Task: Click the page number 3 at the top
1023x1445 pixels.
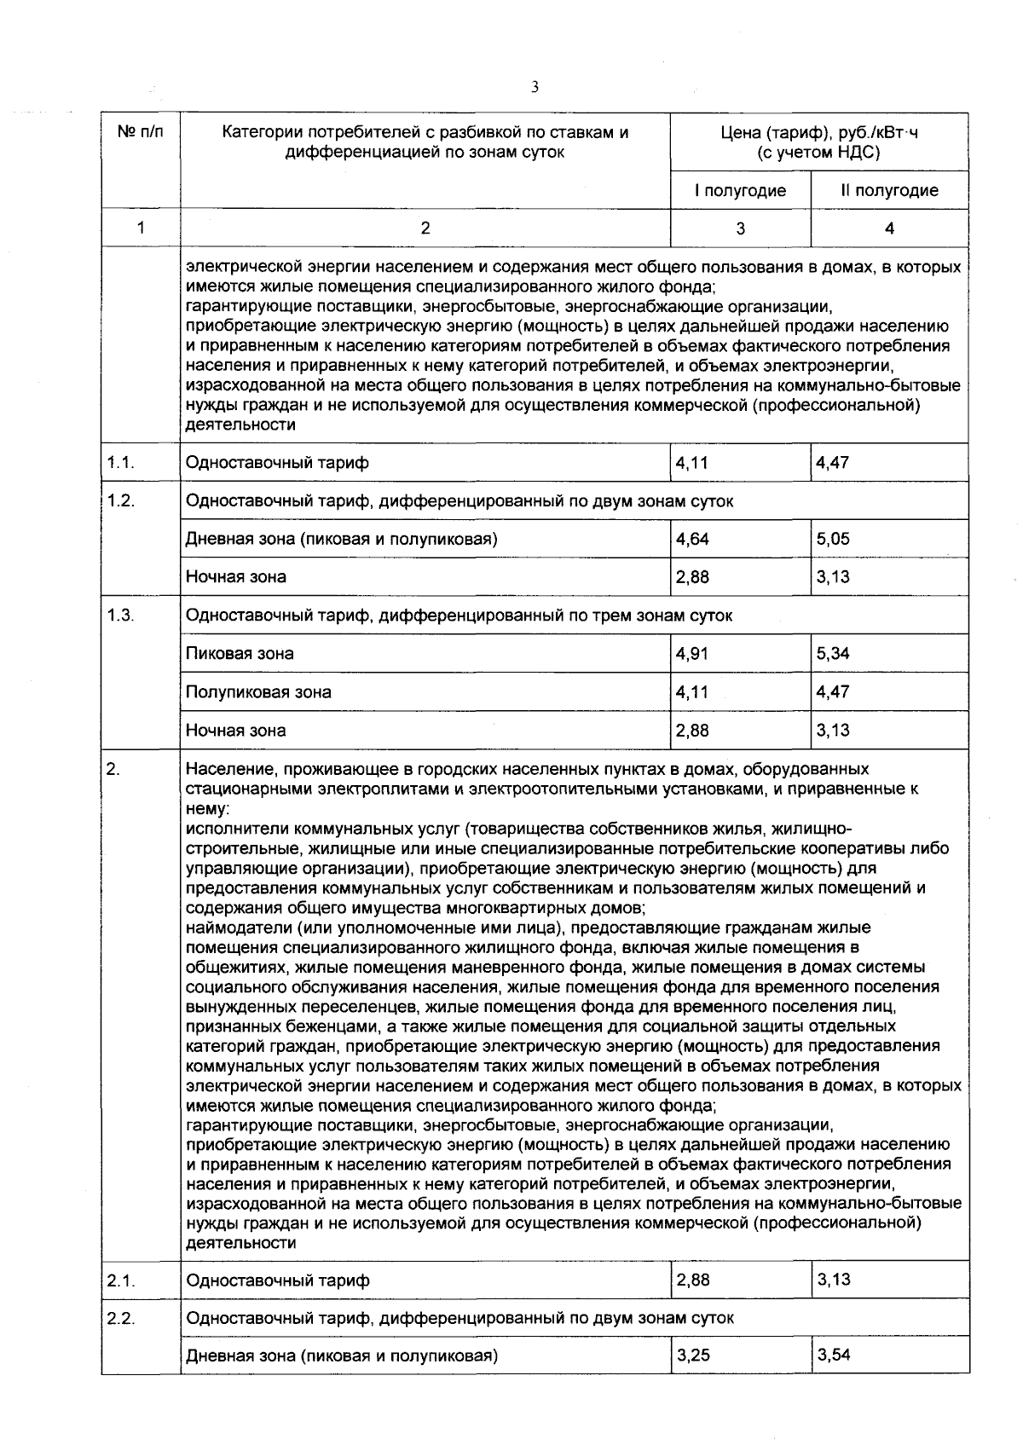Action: point(534,87)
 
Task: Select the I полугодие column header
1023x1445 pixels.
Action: point(740,190)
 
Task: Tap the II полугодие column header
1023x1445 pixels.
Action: point(889,190)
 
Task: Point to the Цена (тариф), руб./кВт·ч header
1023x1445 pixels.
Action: point(819,142)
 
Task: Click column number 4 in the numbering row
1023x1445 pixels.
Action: point(889,228)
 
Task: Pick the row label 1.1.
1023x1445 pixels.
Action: point(121,463)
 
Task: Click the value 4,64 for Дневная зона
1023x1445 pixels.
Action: point(692,539)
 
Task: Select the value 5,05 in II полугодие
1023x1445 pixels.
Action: point(833,539)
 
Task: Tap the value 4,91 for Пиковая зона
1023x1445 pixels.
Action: point(692,654)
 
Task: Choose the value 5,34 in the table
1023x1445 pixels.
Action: point(833,654)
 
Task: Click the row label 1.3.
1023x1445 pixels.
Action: point(121,616)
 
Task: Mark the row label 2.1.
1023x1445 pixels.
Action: point(121,1280)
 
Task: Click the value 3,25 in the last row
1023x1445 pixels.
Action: point(692,1355)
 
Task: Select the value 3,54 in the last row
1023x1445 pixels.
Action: point(833,1355)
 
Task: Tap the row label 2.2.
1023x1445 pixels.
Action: point(121,1318)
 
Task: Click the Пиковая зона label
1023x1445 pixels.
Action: point(240,654)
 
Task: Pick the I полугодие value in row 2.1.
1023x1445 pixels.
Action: point(692,1280)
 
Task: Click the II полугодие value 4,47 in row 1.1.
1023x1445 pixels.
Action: point(833,463)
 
